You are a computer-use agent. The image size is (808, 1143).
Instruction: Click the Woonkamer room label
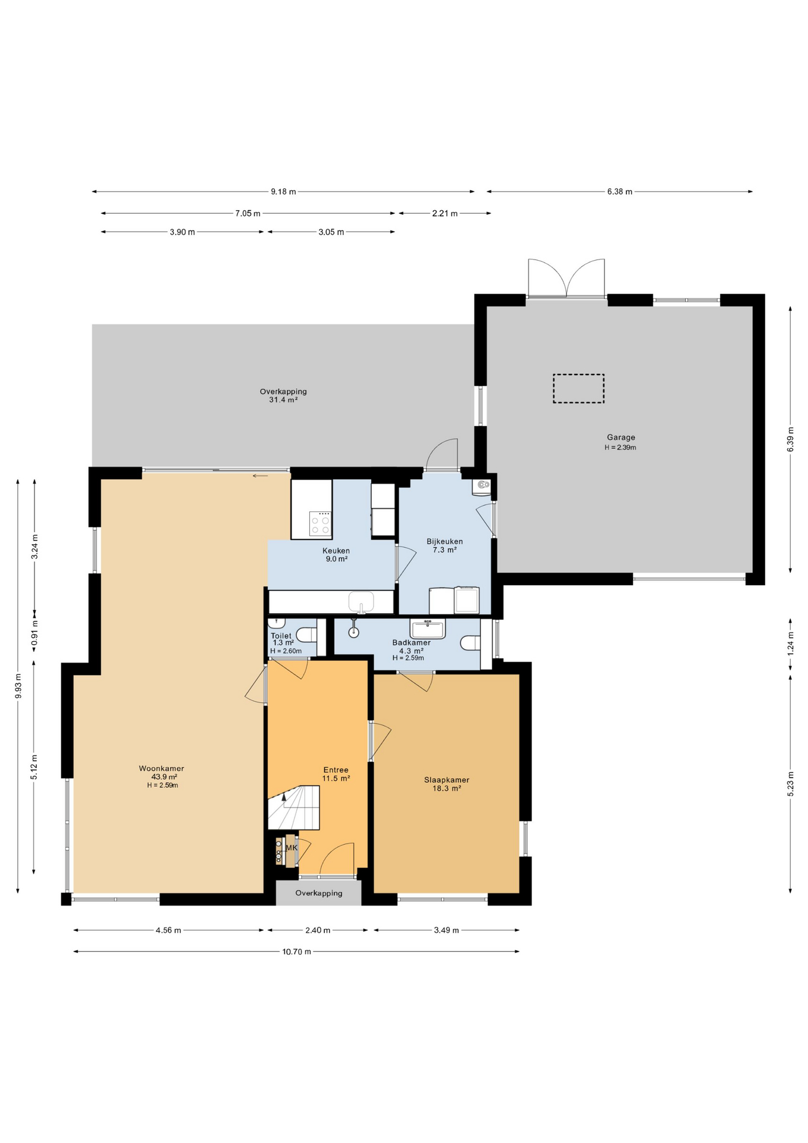pyautogui.click(x=161, y=768)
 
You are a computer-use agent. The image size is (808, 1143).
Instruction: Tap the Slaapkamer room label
pyautogui.click(x=446, y=780)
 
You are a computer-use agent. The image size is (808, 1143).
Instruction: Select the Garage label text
pyautogui.click(x=621, y=437)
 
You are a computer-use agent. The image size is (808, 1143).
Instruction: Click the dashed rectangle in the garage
pyautogui.click(x=578, y=388)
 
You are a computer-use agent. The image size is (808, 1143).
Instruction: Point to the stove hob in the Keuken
pyautogui.click(x=320, y=523)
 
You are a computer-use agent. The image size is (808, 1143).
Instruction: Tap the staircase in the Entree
pyautogui.click(x=294, y=807)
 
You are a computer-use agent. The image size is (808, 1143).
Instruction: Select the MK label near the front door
pyautogui.click(x=292, y=848)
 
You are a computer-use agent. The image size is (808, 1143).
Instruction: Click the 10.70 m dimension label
pyautogui.click(x=296, y=951)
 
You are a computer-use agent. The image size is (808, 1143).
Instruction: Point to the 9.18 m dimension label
pyautogui.click(x=283, y=192)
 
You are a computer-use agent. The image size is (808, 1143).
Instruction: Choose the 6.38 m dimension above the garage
pyautogui.click(x=619, y=192)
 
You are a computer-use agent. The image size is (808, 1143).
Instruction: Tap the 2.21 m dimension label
pyautogui.click(x=445, y=213)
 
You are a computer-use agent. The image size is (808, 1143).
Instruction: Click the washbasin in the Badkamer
pyautogui.click(x=427, y=629)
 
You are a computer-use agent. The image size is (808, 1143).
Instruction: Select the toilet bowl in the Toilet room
pyautogui.click(x=307, y=635)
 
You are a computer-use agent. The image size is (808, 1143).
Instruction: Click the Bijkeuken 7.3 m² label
pyautogui.click(x=444, y=545)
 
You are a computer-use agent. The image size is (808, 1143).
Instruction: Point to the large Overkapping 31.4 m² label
pyautogui.click(x=283, y=395)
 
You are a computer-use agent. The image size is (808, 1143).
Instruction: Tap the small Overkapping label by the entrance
pyautogui.click(x=319, y=893)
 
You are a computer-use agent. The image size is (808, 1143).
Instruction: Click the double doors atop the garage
pyautogui.click(x=566, y=279)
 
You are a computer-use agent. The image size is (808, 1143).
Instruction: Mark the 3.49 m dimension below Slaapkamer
pyautogui.click(x=446, y=930)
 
